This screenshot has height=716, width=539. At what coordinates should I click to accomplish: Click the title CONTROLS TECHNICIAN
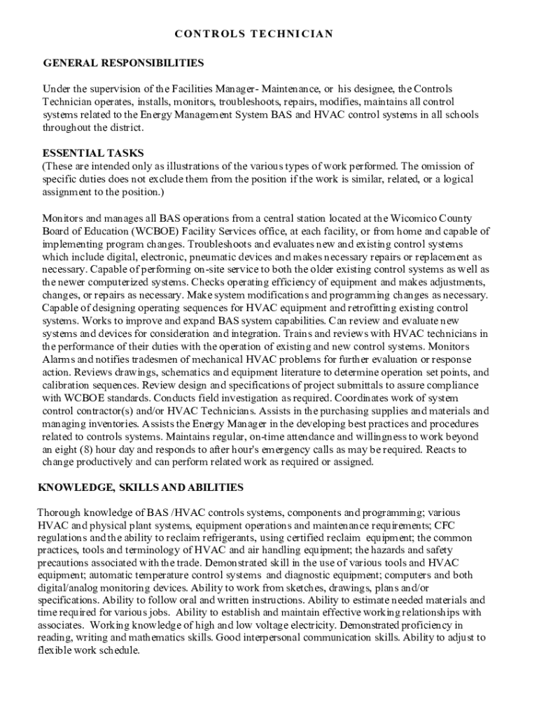253,34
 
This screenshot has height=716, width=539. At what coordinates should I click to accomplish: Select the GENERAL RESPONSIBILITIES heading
123,63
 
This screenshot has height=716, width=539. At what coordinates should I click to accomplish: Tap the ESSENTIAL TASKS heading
93,152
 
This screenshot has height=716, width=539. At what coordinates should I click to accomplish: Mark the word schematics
159,372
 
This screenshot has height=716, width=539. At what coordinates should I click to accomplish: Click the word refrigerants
221,538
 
